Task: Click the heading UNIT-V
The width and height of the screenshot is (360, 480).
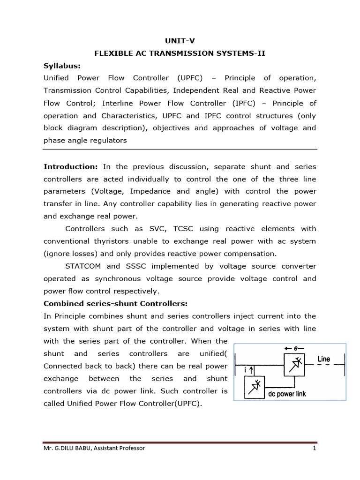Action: (180, 41)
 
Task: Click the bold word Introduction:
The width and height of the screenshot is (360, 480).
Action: (70, 166)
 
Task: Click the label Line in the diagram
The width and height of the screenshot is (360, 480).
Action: (323, 359)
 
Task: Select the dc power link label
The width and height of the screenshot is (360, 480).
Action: (286, 394)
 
